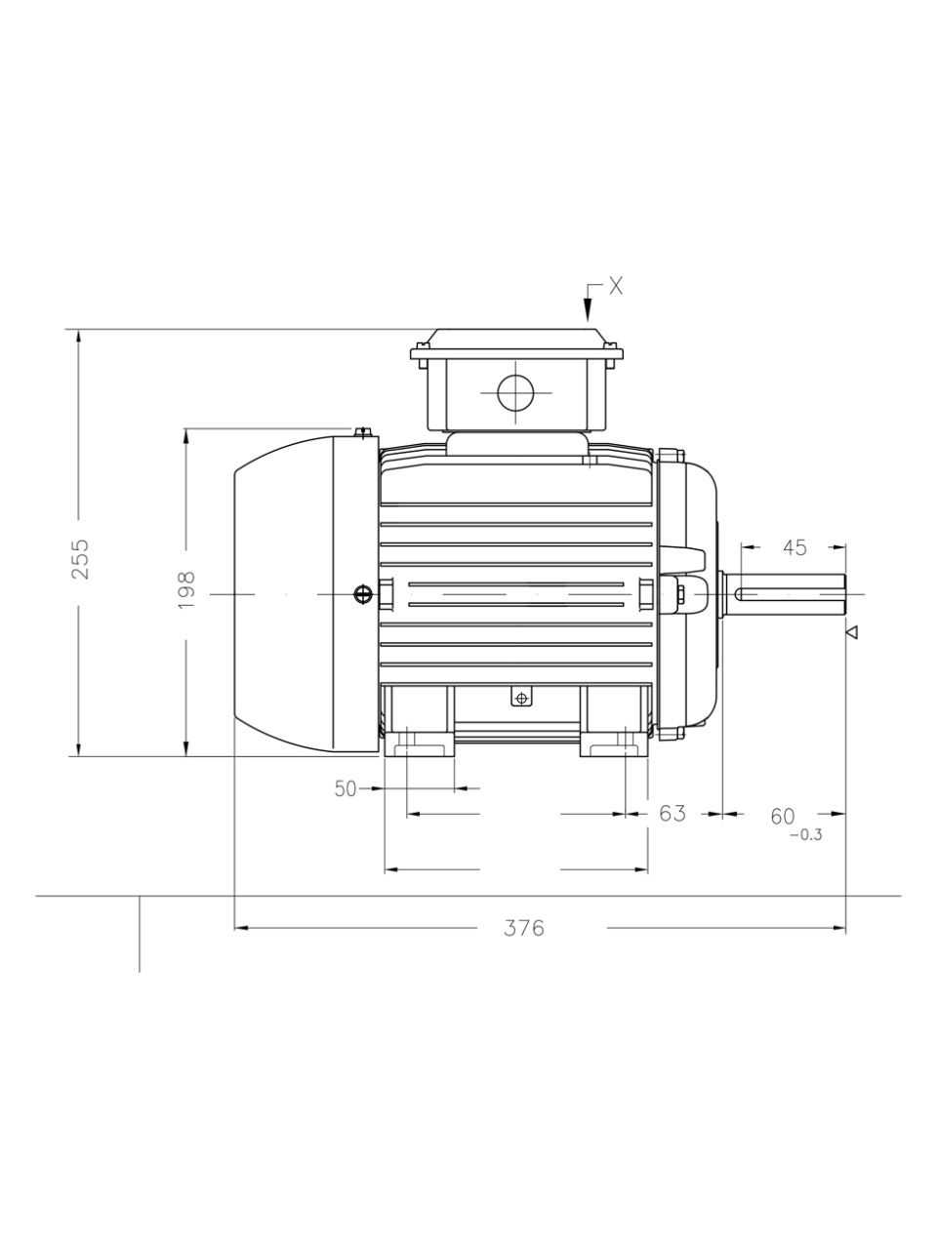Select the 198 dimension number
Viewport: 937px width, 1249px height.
pyautogui.click(x=186, y=590)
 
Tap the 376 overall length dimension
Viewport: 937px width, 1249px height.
pyautogui.click(x=523, y=928)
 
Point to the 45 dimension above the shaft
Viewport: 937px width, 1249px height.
pyautogui.click(x=794, y=547)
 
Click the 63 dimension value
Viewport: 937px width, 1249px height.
pyautogui.click(x=672, y=813)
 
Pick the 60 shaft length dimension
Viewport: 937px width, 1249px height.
pyautogui.click(x=782, y=817)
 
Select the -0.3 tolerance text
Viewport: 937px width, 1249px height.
pyautogui.click(x=805, y=835)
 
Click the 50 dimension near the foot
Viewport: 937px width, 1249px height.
pyautogui.click(x=346, y=788)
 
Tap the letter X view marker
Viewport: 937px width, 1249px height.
pyautogui.click(x=616, y=287)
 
